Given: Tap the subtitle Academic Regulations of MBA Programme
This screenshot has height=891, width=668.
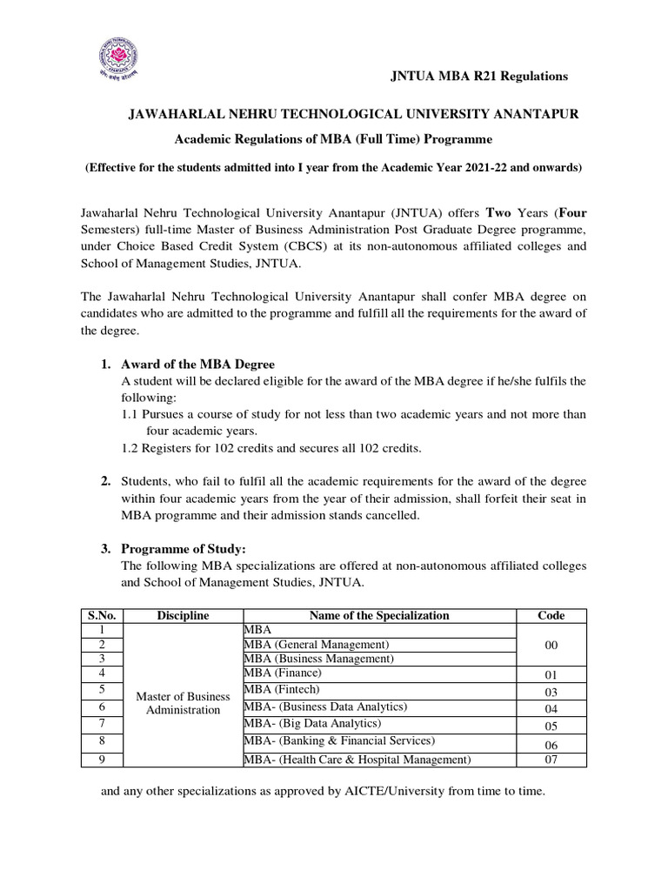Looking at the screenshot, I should (x=334, y=139).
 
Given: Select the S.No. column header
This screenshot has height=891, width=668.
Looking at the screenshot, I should (x=102, y=615).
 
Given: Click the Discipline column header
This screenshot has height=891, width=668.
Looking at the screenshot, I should (x=183, y=615).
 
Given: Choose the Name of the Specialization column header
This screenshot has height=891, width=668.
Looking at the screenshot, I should (x=379, y=615).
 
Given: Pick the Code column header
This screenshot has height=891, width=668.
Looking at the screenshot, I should (x=551, y=615).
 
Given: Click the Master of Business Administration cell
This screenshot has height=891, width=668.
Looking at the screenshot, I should (x=183, y=702).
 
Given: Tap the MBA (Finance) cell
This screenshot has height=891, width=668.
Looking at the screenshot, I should (x=284, y=673).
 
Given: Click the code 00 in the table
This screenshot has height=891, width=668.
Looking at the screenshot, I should (x=551, y=646).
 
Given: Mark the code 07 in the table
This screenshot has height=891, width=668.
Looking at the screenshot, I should (x=551, y=760).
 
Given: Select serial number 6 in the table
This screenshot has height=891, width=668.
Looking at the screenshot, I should (x=102, y=707).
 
